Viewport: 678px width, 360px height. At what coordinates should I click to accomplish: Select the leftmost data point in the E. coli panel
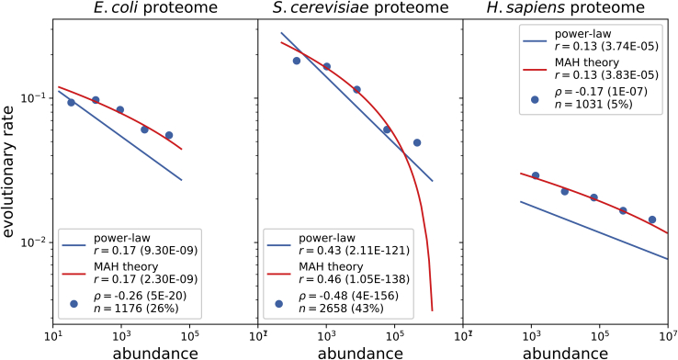click(71, 102)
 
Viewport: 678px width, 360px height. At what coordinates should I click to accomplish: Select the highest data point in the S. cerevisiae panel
click(296, 61)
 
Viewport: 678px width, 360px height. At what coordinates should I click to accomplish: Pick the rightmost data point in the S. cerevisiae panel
click(417, 142)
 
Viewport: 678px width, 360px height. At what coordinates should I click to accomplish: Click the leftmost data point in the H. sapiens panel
click(536, 175)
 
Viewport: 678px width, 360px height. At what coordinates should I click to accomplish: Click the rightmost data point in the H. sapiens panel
click(652, 219)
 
